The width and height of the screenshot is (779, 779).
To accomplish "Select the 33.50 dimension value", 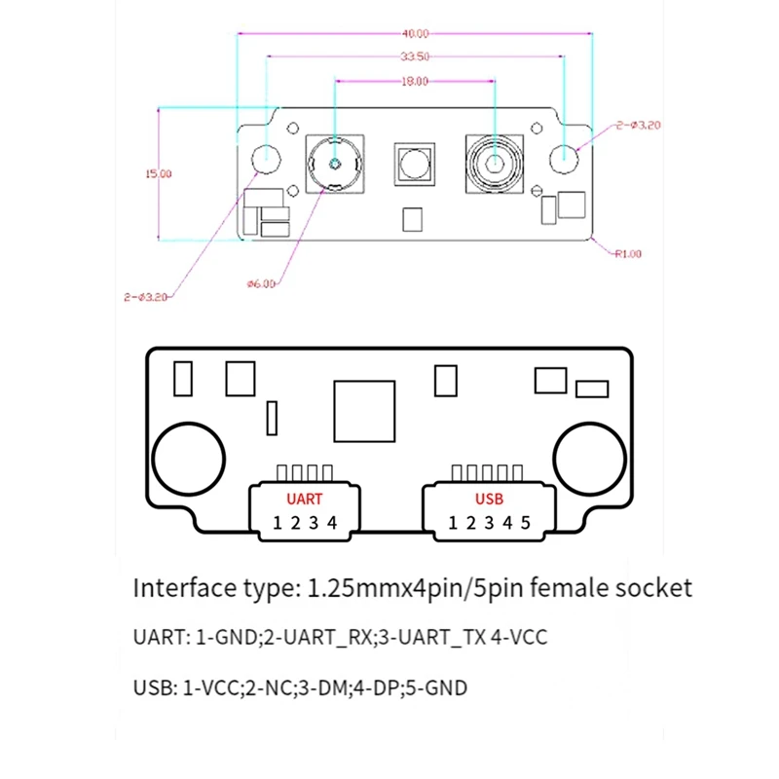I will [415, 56].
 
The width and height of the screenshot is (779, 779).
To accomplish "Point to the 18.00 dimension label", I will [415, 82].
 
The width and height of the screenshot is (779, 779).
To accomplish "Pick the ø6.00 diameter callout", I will [262, 283].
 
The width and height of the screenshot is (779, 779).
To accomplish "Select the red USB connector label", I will [489, 499].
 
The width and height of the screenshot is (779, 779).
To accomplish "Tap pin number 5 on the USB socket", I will [526, 523].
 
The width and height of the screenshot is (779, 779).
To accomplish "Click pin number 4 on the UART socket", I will [332, 523].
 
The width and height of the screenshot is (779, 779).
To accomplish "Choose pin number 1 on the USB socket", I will [453, 523].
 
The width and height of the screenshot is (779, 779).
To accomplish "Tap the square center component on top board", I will [414, 166].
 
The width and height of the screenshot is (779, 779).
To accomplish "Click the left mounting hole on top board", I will [265, 155].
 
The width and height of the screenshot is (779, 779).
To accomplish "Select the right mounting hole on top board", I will [564, 156].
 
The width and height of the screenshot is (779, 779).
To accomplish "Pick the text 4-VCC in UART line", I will [523, 639].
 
